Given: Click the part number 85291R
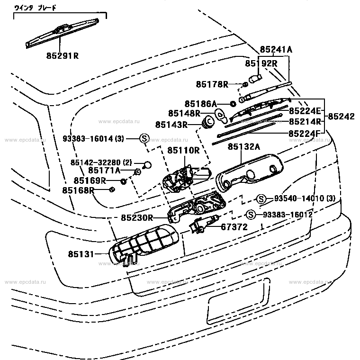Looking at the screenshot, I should pyautogui.click(x=62, y=55).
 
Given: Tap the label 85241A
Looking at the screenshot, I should pyautogui.click(x=276, y=49).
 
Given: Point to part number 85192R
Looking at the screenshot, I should pyautogui.click(x=261, y=63).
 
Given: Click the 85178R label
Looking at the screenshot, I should pyautogui.click(x=212, y=84).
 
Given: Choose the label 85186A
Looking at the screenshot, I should pyautogui.click(x=200, y=103).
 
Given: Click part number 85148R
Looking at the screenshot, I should pyautogui.click(x=184, y=113).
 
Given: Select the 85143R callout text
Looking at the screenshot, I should pyautogui.click(x=171, y=125).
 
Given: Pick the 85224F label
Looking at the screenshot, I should pyautogui.click(x=304, y=133).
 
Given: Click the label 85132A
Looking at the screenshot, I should pyautogui.click(x=244, y=147).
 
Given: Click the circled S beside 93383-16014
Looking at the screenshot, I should pyautogui.click(x=144, y=139).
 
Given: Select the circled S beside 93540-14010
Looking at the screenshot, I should pyautogui.click(x=260, y=198).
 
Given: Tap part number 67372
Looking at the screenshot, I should pyautogui.click(x=234, y=227).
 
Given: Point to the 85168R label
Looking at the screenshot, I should pyautogui.click(x=77, y=190).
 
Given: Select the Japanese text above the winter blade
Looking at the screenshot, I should pyautogui.click(x=36, y=8).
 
